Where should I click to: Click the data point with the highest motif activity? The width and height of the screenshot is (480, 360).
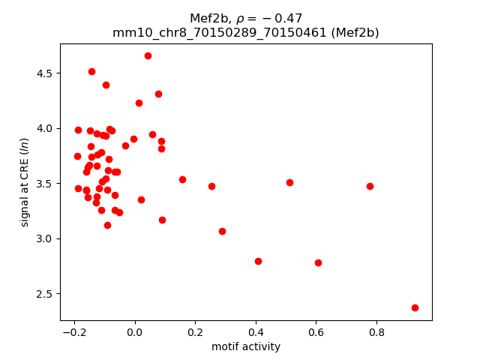[x=415, y=307]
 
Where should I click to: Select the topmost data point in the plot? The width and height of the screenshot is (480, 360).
[x=148, y=55]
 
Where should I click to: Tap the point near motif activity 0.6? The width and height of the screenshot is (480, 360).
[x=318, y=262]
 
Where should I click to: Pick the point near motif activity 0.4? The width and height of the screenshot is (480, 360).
[x=258, y=261]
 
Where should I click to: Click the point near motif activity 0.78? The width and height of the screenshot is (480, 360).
[x=370, y=186]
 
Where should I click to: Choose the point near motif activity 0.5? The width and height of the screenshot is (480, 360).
[x=289, y=182]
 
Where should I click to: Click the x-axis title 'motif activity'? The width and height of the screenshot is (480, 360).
[x=246, y=346]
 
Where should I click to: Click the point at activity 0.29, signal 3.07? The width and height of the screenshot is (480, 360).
[x=222, y=231]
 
